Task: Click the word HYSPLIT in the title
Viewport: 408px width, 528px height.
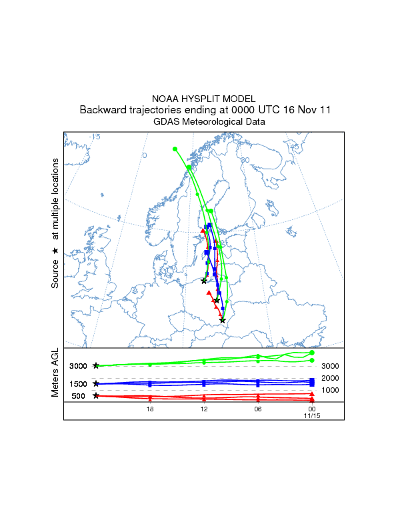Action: click(205, 99)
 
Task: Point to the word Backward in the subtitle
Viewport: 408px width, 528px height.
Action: click(102, 110)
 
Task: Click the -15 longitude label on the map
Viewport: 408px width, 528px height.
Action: click(95, 137)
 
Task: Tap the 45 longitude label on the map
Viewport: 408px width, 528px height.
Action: click(293, 147)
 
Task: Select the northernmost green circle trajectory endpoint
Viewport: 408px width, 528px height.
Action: click(175, 149)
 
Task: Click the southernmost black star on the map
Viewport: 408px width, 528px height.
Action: click(223, 321)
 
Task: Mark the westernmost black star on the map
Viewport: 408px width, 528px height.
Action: click(203, 281)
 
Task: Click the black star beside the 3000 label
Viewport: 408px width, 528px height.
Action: click(96, 366)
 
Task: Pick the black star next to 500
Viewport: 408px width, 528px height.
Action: click(96, 396)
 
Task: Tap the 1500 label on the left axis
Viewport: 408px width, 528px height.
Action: click(78, 384)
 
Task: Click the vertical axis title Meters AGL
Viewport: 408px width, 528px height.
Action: click(56, 375)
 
